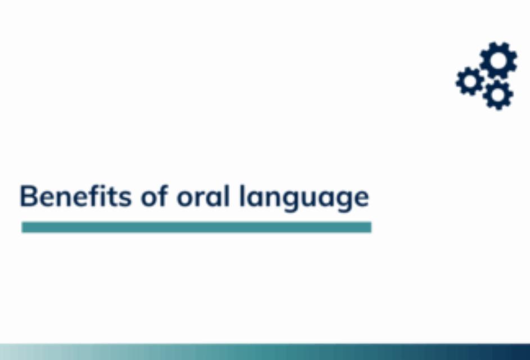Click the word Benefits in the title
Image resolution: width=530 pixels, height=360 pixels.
point(75,196)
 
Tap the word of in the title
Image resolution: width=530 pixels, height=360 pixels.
point(155,196)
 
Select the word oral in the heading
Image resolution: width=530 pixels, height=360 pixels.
point(203,196)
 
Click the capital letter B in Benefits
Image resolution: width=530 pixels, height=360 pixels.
point(29,196)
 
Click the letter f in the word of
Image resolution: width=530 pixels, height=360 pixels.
point(163,196)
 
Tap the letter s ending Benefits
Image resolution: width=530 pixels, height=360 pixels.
point(124,199)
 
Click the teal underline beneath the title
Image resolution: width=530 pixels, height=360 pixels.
point(196,227)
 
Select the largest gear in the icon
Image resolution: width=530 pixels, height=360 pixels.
point(499,61)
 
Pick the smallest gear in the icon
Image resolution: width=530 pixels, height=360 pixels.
point(470,82)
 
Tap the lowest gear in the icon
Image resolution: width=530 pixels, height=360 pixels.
point(498,94)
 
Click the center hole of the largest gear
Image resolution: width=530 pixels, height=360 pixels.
point(499,61)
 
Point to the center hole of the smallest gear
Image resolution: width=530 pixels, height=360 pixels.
point(470,82)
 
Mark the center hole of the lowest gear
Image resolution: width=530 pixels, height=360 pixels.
point(498,94)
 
